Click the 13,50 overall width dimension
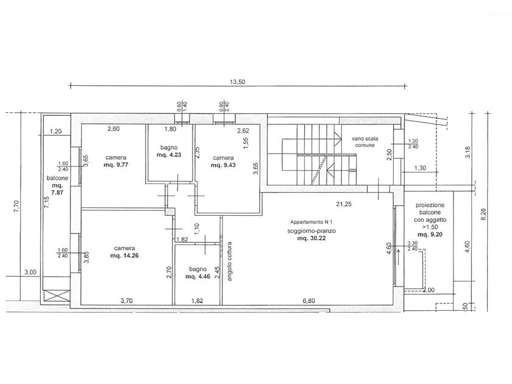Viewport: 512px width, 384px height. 237,82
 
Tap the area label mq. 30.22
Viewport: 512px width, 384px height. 311,238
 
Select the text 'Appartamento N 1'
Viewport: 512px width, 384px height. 311,222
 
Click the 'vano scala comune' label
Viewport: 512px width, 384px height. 364,141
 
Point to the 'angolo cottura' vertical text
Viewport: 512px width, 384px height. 229,261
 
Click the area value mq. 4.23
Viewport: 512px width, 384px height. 169,155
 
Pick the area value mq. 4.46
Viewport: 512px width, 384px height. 198,277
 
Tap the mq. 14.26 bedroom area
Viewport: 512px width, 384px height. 124,255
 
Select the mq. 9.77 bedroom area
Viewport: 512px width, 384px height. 116,165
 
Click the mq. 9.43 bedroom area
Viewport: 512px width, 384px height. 223,165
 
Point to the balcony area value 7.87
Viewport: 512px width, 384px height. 57,193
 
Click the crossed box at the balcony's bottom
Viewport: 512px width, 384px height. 57,296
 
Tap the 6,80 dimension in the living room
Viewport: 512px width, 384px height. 308,300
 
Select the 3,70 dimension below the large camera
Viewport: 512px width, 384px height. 126,300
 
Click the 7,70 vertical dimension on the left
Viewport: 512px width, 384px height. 16,207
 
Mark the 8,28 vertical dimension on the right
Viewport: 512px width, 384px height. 483,215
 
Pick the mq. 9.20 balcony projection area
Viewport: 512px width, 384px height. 430,235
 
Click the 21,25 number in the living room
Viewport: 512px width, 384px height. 344,204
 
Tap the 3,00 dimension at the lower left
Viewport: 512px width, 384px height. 30,272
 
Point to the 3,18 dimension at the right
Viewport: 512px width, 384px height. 468,152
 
